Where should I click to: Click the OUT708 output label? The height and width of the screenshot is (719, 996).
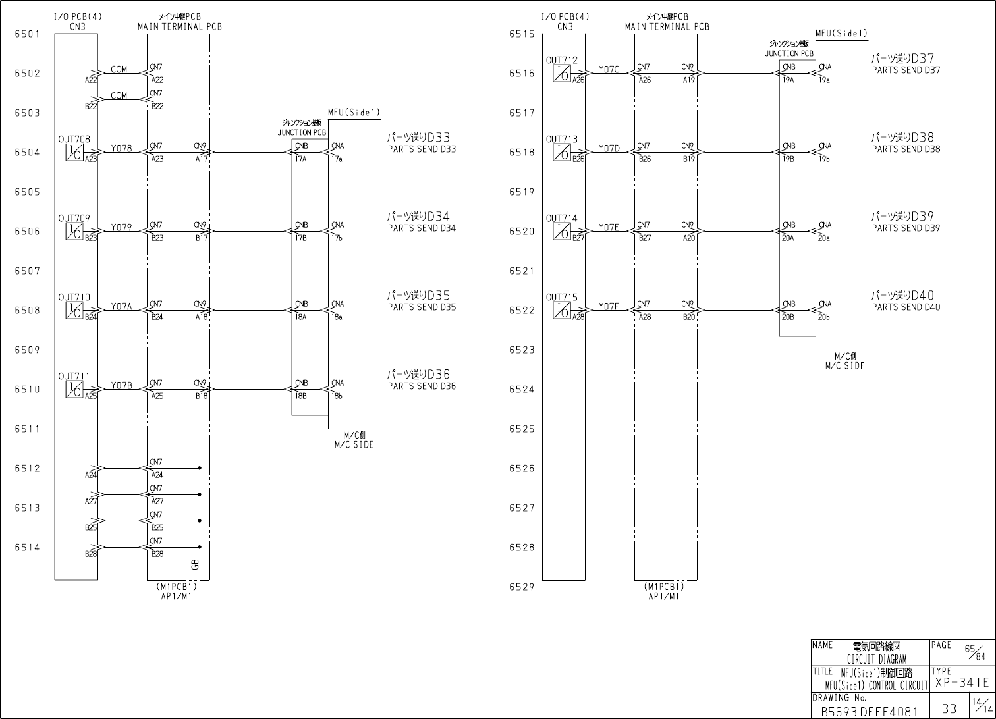[x=74, y=140]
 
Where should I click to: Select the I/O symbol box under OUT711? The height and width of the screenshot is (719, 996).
[x=74, y=390]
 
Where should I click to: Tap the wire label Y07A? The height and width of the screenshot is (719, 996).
[x=121, y=307]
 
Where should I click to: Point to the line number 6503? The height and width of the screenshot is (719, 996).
[x=27, y=113]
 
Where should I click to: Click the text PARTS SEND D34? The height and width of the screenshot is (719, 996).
[x=422, y=228]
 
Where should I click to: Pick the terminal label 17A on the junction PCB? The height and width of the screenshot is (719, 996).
[x=301, y=159]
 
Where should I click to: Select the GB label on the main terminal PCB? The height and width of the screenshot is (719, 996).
[x=195, y=564]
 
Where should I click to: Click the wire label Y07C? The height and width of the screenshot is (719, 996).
[x=609, y=70]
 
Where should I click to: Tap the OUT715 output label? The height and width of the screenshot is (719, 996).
[x=561, y=298]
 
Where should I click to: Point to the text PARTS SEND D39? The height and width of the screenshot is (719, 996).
[x=906, y=228]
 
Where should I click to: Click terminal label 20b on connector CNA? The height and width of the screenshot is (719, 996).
[x=824, y=317]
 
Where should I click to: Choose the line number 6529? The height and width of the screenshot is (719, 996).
[x=521, y=587]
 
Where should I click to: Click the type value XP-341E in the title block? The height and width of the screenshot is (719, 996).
[x=962, y=683]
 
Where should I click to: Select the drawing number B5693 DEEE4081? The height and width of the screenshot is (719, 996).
[x=869, y=712]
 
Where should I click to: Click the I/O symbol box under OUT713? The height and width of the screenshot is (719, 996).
[x=562, y=153]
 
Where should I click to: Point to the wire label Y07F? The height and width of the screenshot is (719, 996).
[x=609, y=307]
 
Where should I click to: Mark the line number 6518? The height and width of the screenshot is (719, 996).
[x=521, y=153]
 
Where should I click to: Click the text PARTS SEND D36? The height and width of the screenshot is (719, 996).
[x=422, y=386]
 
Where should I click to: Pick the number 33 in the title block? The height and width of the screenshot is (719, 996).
[x=950, y=708]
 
